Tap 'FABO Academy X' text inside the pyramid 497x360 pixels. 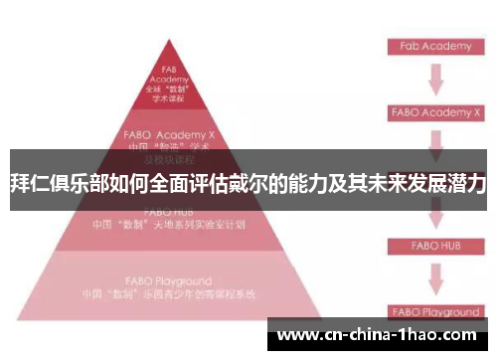tap(168, 133)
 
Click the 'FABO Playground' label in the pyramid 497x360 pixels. tap(168, 280)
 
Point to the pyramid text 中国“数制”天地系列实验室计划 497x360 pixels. tap(168, 224)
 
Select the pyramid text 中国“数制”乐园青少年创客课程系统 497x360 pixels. tap(168, 294)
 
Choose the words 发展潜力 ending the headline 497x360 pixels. tap(444, 183)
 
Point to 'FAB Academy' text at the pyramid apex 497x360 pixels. tap(168, 75)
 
